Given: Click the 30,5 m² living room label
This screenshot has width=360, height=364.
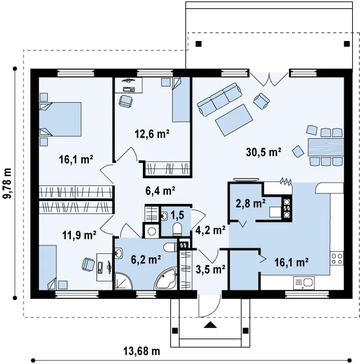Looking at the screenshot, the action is pyautogui.click(x=264, y=152).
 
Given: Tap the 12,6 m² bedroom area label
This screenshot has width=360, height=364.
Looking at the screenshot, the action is pyautogui.click(x=152, y=134).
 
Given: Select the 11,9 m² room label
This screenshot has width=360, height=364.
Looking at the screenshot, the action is pyautogui.click(x=79, y=235).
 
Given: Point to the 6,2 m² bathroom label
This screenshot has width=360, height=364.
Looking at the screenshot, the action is pyautogui.click(x=146, y=260).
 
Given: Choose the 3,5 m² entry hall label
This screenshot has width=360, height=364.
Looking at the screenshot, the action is pyautogui.click(x=210, y=270).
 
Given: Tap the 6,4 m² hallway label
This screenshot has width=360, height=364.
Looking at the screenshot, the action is pyautogui.click(x=160, y=191).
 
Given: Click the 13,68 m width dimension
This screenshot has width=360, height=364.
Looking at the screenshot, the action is pyautogui.click(x=142, y=351).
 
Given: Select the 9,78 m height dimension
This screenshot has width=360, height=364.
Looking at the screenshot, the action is pyautogui.click(x=7, y=183).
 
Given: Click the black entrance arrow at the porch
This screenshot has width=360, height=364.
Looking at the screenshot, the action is pyautogui.click(x=210, y=325).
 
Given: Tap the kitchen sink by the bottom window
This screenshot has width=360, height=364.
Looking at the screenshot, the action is pyautogui.click(x=304, y=283).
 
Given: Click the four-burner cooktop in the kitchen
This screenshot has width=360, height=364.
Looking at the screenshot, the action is pyautogui.click(x=337, y=258).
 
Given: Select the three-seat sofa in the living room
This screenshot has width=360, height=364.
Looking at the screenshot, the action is pyautogui.click(x=220, y=99).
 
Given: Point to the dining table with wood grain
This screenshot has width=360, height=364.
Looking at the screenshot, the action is pyautogui.click(x=326, y=147).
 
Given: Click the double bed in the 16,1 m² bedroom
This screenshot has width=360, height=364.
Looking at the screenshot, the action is pyautogui.click(x=60, y=119).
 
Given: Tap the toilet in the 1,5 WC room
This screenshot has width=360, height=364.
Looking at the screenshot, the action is pyautogui.click(x=177, y=229).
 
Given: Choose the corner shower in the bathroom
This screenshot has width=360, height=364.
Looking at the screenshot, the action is pyautogui.click(x=123, y=281).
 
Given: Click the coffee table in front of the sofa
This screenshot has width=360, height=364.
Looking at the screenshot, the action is pyautogui.click(x=234, y=120).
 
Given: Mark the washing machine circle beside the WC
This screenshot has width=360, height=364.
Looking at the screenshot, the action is pyautogui.click(x=152, y=231).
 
